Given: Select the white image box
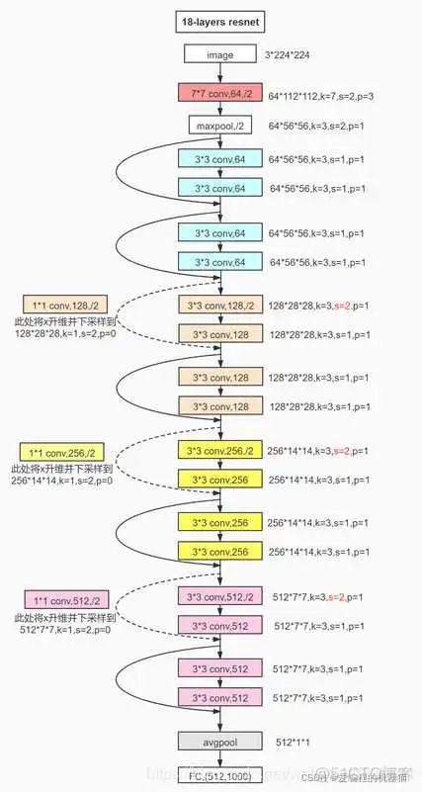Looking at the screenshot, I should coord(219,56).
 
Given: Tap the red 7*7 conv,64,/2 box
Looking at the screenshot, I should coord(219,93).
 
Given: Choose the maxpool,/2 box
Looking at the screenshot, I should coord(219,126).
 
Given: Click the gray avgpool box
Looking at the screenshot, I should coord(219,740).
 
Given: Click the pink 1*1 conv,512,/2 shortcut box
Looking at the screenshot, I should coord(66,599).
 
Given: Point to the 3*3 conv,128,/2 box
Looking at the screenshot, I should coord(219,306).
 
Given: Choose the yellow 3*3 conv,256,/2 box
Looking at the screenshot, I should coord(219,452).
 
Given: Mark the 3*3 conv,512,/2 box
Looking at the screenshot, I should coord(219,596).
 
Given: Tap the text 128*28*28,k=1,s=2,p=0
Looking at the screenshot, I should coord(65,335).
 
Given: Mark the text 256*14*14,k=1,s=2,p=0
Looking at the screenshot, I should coord(62,481).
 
